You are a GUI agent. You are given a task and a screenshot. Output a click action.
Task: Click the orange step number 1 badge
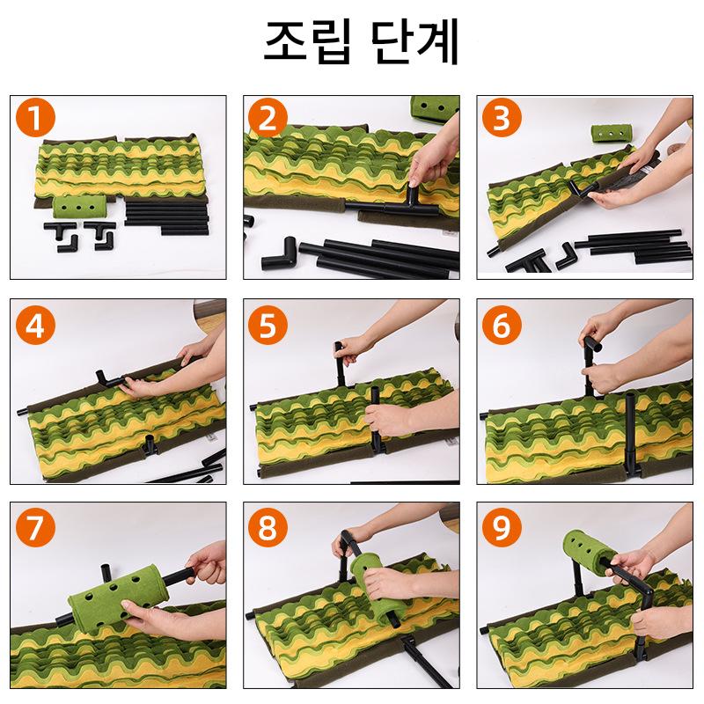coord(35,119)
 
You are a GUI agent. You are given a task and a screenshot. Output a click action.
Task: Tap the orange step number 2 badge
coord(268,119)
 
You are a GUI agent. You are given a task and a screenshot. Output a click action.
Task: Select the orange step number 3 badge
coord(502,119)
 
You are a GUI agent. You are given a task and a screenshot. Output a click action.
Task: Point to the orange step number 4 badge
coord(35,325)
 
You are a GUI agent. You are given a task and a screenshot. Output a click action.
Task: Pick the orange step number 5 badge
coord(268,325)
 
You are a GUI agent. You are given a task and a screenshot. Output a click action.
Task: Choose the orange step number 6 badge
coord(502,325)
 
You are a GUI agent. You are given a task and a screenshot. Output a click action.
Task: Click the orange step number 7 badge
coord(35,527)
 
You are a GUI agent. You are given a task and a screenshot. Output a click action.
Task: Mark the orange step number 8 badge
coord(268,527)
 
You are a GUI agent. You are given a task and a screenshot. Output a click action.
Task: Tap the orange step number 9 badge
coord(502,527)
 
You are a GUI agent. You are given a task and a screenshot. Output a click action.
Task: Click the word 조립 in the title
coord(307,41)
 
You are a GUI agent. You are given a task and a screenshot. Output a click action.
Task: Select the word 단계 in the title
coord(414,41)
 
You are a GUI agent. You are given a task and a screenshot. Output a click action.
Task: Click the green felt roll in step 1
coord(79,207)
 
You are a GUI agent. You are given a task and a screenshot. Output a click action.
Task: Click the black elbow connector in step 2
coord(279,254)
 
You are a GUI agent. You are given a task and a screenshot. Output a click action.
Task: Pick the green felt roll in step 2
coord(435,108)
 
